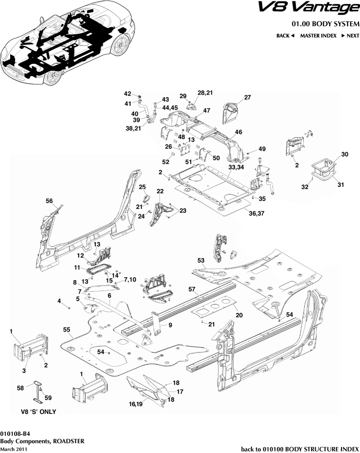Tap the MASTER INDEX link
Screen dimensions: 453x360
point(318,36)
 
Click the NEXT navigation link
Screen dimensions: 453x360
point(350,36)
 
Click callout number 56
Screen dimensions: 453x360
point(49,201)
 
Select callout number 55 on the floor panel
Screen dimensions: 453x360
point(66,330)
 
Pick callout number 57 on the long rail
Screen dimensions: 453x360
point(192,289)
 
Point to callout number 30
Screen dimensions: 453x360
point(344,154)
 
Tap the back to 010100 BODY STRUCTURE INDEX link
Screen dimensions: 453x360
point(300,448)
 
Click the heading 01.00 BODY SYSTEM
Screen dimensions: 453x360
point(325,24)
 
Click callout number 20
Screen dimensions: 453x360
point(239,315)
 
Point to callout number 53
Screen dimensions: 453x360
point(201,262)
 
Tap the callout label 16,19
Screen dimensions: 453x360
point(136,404)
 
